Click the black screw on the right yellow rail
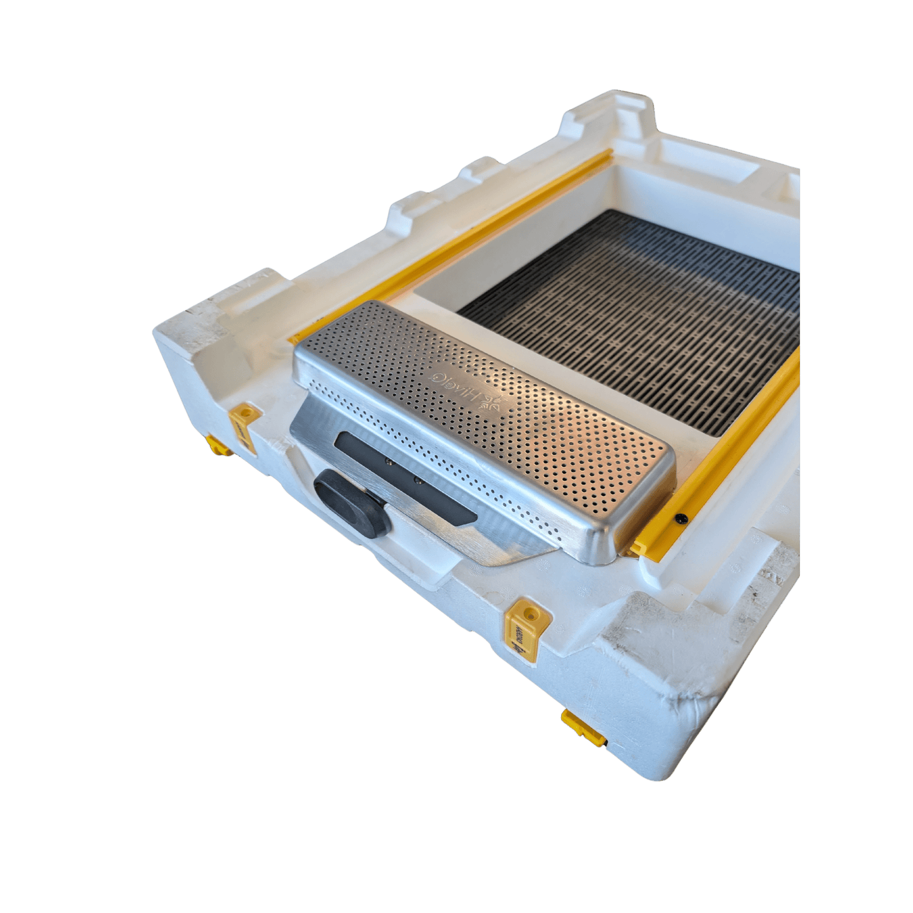(x=680, y=519)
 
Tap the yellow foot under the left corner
(x=217, y=445)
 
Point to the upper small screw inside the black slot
(x=389, y=463)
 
